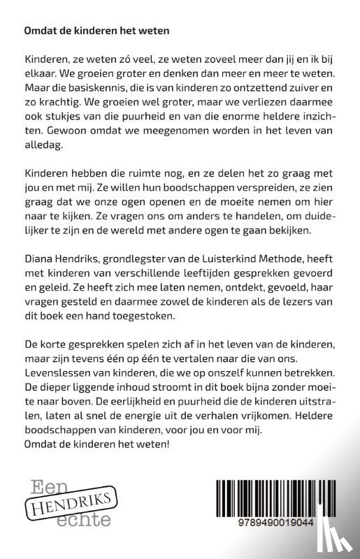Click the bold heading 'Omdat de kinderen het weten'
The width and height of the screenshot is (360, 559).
tap(96, 32)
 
